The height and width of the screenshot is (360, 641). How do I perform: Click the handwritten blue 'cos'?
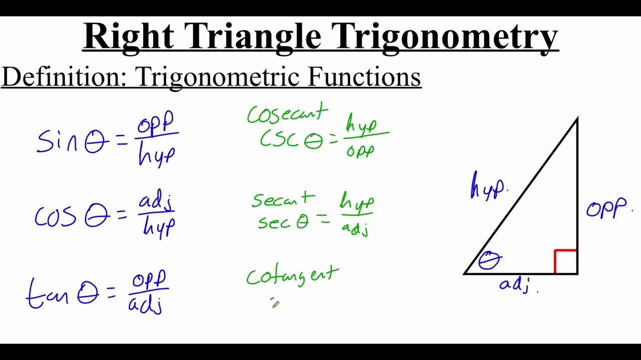click(x=55, y=216)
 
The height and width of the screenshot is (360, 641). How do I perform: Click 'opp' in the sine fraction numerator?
click(x=156, y=123)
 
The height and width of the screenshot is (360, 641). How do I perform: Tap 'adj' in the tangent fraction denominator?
click(x=145, y=304)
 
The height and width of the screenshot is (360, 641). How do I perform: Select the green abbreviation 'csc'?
click(x=279, y=139)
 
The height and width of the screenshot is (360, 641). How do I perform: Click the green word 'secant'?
click(x=283, y=200)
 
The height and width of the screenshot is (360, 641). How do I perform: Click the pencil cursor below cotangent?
click(x=275, y=303)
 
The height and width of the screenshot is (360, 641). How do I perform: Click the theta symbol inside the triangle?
click(x=490, y=260)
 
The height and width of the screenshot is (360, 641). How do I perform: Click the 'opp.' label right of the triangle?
click(x=607, y=208)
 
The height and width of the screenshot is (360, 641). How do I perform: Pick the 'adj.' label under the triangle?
click(x=516, y=285)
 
